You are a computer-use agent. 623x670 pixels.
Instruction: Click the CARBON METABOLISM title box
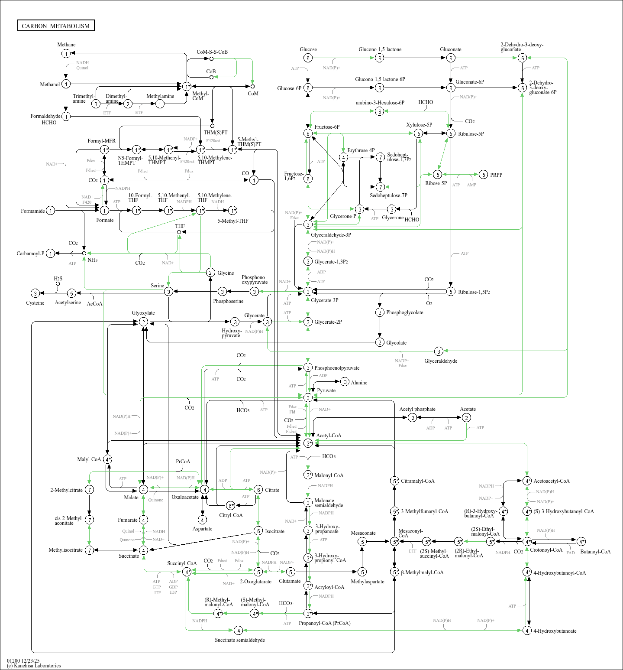coord(56,26)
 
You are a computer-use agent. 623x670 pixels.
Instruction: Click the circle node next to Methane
coord(66,53)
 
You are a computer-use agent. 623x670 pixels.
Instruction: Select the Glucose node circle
coord(308,58)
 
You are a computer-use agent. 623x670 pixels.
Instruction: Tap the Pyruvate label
coord(326,390)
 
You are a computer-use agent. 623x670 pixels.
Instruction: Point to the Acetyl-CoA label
coord(329,436)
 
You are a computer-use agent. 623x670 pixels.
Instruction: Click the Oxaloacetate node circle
coord(204,490)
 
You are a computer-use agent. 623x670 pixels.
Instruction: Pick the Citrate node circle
coord(258,490)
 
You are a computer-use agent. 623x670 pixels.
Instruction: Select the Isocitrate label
coord(274,531)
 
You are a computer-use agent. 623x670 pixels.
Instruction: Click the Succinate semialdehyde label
coord(240,640)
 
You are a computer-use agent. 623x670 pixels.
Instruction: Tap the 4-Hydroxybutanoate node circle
coord(527,631)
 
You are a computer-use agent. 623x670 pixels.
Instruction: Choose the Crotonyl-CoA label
coord(546,550)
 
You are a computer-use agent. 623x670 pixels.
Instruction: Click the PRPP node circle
coord(484,175)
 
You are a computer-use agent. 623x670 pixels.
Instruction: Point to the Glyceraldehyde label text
coord(441,361)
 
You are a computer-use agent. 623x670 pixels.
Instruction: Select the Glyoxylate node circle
coord(143,322)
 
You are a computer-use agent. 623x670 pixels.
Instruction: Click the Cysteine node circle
coord(36,293)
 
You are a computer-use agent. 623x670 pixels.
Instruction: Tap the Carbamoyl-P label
coord(30,254)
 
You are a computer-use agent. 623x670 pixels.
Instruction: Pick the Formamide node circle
coord(51,211)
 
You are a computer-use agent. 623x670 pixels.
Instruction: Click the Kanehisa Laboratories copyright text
coord(34,666)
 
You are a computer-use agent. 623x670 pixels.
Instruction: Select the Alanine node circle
coord(345,382)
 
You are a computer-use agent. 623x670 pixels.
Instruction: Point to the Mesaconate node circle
coord(362,541)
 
